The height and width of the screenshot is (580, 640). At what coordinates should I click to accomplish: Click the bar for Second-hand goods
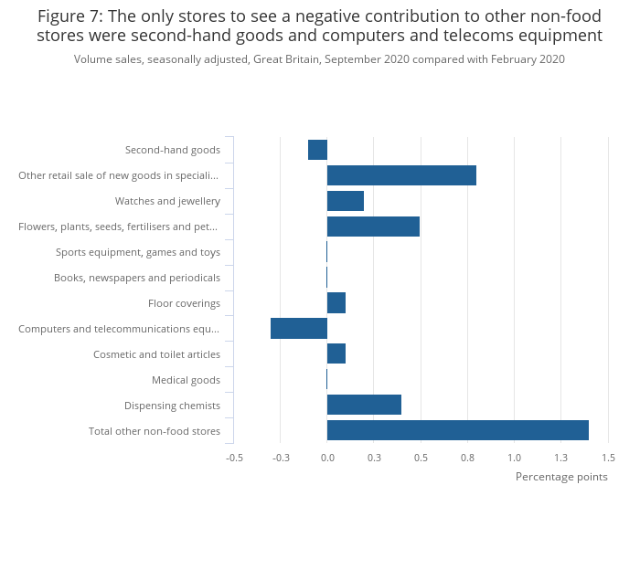pyautogui.click(x=317, y=150)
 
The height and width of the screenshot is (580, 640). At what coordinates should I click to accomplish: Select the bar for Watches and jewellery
pyautogui.click(x=346, y=201)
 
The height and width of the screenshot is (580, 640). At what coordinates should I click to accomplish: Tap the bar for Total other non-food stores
pyautogui.click(x=457, y=430)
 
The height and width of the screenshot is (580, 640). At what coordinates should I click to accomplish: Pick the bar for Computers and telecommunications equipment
pyautogui.click(x=299, y=328)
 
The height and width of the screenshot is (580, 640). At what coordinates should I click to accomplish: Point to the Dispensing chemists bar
pyautogui.click(x=364, y=405)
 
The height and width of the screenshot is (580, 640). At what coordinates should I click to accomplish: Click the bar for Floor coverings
pyautogui.click(x=336, y=302)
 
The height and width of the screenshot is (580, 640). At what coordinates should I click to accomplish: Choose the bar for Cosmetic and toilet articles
pyautogui.click(x=336, y=353)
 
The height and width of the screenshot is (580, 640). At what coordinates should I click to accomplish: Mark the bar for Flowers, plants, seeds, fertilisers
pyautogui.click(x=373, y=227)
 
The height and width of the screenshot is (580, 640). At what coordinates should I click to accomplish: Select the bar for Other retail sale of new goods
pyautogui.click(x=401, y=175)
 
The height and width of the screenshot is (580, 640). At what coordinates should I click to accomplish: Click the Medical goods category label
pyautogui.click(x=186, y=380)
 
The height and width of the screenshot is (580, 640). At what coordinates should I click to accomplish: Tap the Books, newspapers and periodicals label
pyautogui.click(x=137, y=278)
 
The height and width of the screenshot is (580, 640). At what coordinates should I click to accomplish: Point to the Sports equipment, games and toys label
pyautogui.click(x=138, y=252)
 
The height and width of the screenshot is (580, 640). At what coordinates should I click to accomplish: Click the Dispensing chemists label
pyautogui.click(x=172, y=406)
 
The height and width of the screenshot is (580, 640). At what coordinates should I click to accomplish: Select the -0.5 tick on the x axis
pyautogui.click(x=234, y=458)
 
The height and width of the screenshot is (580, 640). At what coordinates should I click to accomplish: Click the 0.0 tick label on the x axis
pyautogui.click(x=327, y=458)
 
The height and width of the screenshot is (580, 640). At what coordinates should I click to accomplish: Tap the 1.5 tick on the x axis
pyautogui.click(x=608, y=458)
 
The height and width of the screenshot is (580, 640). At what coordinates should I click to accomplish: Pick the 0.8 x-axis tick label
pyautogui.click(x=467, y=458)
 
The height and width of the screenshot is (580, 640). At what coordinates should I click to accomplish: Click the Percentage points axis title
pyautogui.click(x=561, y=477)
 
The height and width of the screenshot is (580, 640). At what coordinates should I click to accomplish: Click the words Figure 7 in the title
pyautogui.click(x=70, y=16)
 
